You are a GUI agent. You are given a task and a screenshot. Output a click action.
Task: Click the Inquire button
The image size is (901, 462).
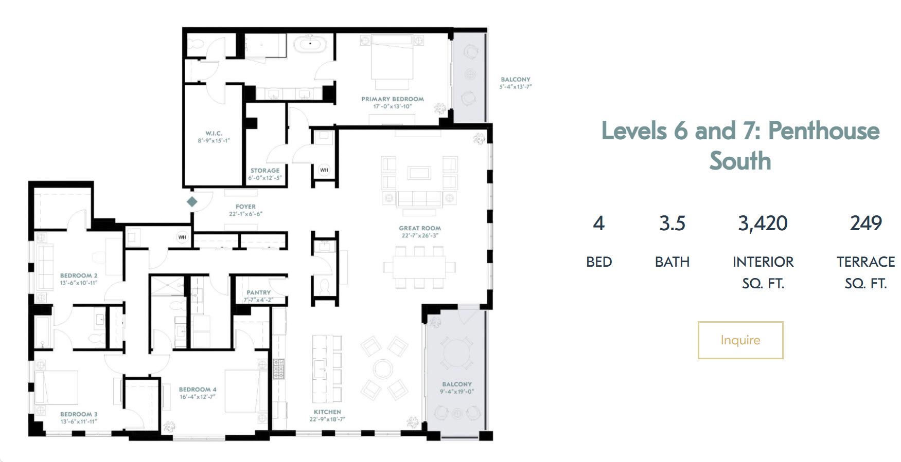tap(740, 340)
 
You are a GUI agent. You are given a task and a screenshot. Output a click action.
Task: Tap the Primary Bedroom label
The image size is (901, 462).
tap(393, 99)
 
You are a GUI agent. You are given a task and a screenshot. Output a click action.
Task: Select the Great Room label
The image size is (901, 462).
tap(420, 228)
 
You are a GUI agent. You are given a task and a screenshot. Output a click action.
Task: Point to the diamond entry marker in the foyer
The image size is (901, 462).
tap(192, 201)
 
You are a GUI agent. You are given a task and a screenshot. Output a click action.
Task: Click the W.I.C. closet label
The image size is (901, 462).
tap(214, 134)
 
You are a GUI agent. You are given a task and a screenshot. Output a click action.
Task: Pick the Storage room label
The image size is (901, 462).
tap(265, 171)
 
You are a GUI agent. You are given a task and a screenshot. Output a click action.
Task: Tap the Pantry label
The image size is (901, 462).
tap(258, 292)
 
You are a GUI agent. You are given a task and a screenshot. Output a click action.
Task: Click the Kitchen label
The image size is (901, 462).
tap(327, 412)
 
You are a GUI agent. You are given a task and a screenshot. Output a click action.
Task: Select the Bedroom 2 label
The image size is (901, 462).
tap(79, 275)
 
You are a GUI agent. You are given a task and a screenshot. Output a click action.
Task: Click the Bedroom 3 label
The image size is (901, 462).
tap(79, 414)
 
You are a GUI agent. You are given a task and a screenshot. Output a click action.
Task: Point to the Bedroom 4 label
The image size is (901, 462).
tap(198, 390)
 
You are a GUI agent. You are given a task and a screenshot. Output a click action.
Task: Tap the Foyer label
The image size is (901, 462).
tap(245, 207)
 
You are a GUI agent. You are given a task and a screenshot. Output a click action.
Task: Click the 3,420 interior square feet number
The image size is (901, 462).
tap(763, 224)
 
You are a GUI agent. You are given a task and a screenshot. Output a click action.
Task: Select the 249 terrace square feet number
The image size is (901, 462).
tap(866, 223)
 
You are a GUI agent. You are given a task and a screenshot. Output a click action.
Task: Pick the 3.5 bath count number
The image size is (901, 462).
tap(672, 223)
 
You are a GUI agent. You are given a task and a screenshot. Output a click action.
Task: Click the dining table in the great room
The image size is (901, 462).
tap(419, 267)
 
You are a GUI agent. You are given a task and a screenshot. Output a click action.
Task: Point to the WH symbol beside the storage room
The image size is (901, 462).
tap(324, 170)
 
